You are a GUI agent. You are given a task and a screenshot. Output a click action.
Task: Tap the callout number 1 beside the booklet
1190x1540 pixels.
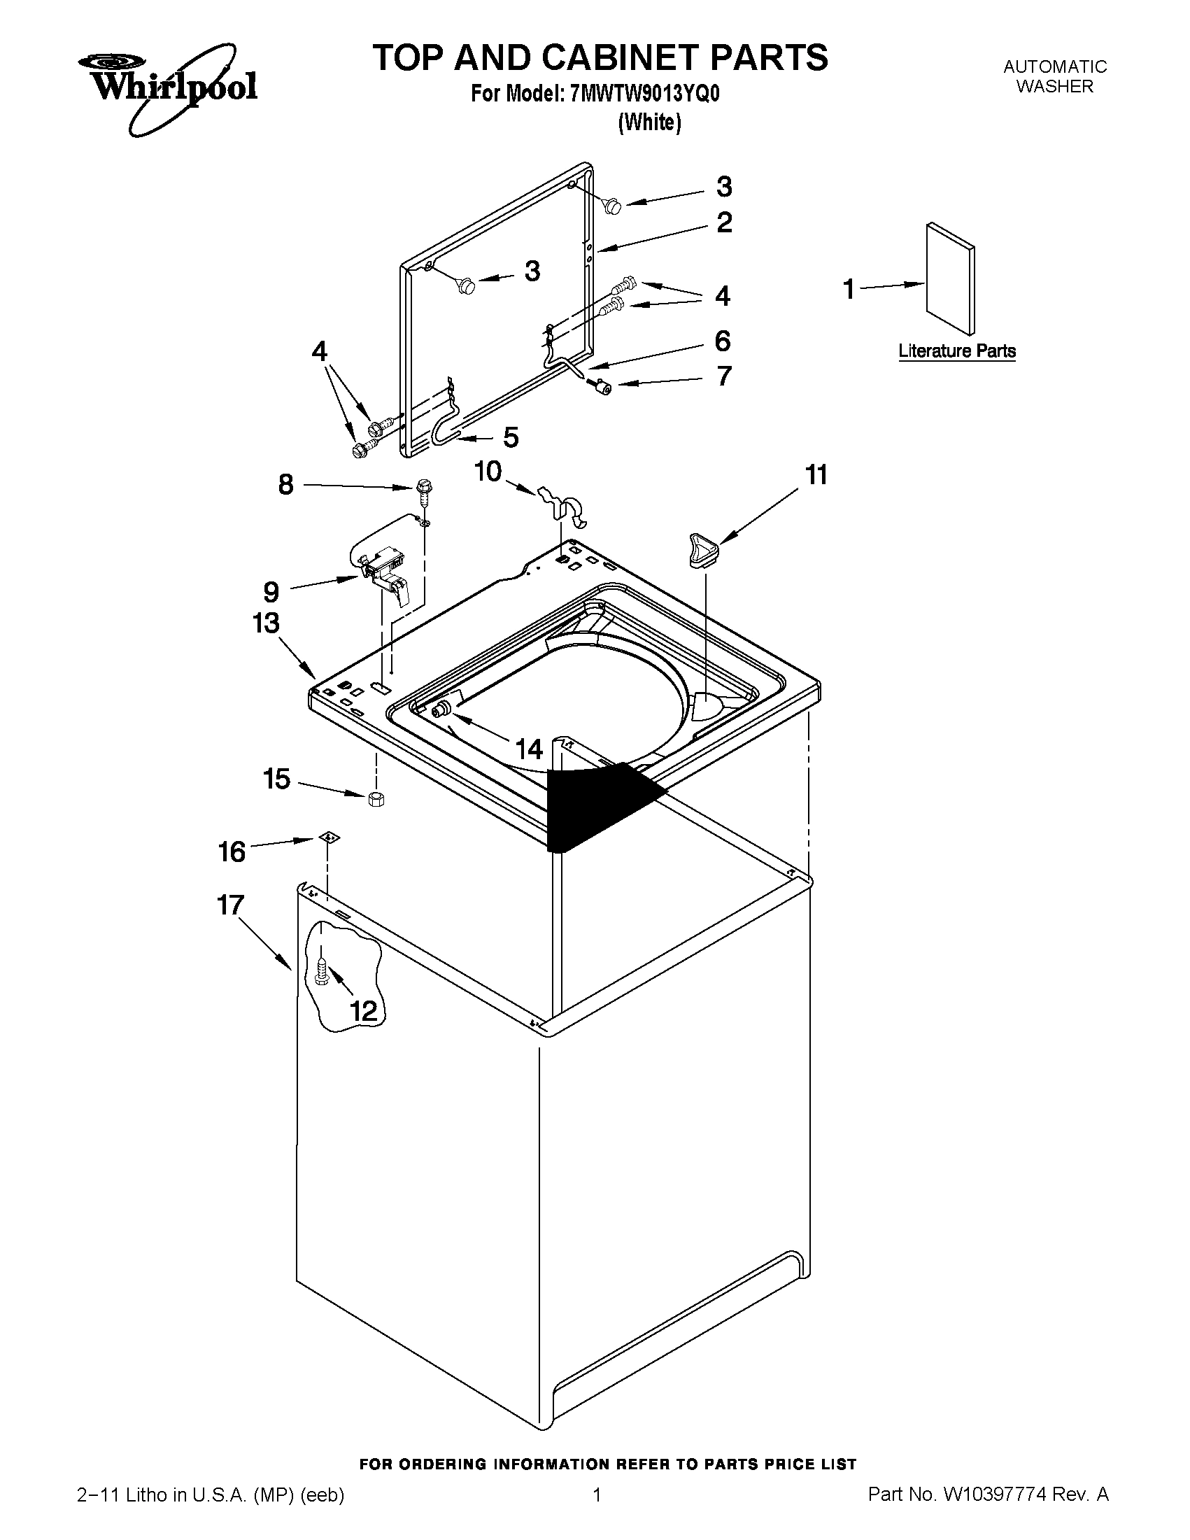pos(849,289)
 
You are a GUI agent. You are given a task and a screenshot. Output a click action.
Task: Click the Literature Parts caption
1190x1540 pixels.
pos(956,351)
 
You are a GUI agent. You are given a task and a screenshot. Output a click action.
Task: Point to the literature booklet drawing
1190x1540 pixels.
pos(950,278)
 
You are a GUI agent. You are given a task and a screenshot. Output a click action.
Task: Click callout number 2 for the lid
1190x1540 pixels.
pos(724,222)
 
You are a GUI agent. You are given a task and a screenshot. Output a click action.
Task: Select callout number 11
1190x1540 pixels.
pos(816,475)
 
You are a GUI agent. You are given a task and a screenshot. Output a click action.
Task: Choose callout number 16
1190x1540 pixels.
pos(232,852)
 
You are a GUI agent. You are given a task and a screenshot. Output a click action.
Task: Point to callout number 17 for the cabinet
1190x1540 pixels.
pos(231,905)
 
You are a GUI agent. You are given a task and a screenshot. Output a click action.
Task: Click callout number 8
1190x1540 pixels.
pos(285,484)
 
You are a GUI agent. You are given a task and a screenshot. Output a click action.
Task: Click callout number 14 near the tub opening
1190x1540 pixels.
pos(529,749)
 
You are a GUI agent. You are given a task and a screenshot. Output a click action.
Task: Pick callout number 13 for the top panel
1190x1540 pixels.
pos(266,623)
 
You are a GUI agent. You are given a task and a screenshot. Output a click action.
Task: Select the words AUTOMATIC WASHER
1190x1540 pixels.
pos(1055,77)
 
